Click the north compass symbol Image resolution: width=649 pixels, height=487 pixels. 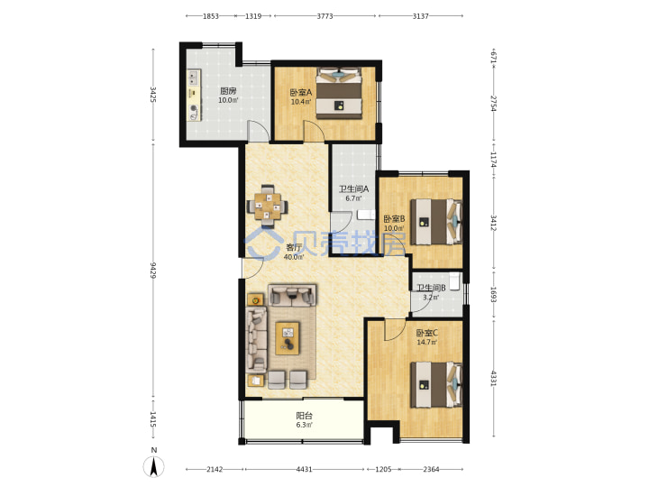tap(153, 467)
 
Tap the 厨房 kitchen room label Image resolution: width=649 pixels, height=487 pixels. tap(228, 91)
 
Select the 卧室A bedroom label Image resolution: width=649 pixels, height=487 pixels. tap(301, 92)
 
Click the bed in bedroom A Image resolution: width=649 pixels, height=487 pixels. tap(339, 93)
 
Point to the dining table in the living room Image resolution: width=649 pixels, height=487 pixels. tap(268, 206)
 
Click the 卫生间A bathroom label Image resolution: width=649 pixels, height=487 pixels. tap(354, 188)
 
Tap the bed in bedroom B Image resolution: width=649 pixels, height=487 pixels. tap(436, 222)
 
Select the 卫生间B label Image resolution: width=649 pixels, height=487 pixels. tap(431, 288)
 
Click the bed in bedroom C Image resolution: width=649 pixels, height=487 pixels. tap(436, 385)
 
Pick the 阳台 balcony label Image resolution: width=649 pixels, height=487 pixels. tap(305, 416)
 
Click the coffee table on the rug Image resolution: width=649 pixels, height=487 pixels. tap(288, 338)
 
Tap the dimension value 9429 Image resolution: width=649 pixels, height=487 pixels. tap(153, 270)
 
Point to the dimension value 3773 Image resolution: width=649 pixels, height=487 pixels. tap(324, 16)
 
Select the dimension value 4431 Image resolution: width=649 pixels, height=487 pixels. tap(305, 469)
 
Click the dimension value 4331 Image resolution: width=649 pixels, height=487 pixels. tap(493, 378)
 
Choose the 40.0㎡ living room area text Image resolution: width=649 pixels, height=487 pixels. tap(294, 257)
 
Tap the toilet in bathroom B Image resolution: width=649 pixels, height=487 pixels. tap(455, 281)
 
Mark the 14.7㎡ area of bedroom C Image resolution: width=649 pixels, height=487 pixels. tap(427, 343)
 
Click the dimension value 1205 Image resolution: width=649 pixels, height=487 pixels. tap(383, 469)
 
